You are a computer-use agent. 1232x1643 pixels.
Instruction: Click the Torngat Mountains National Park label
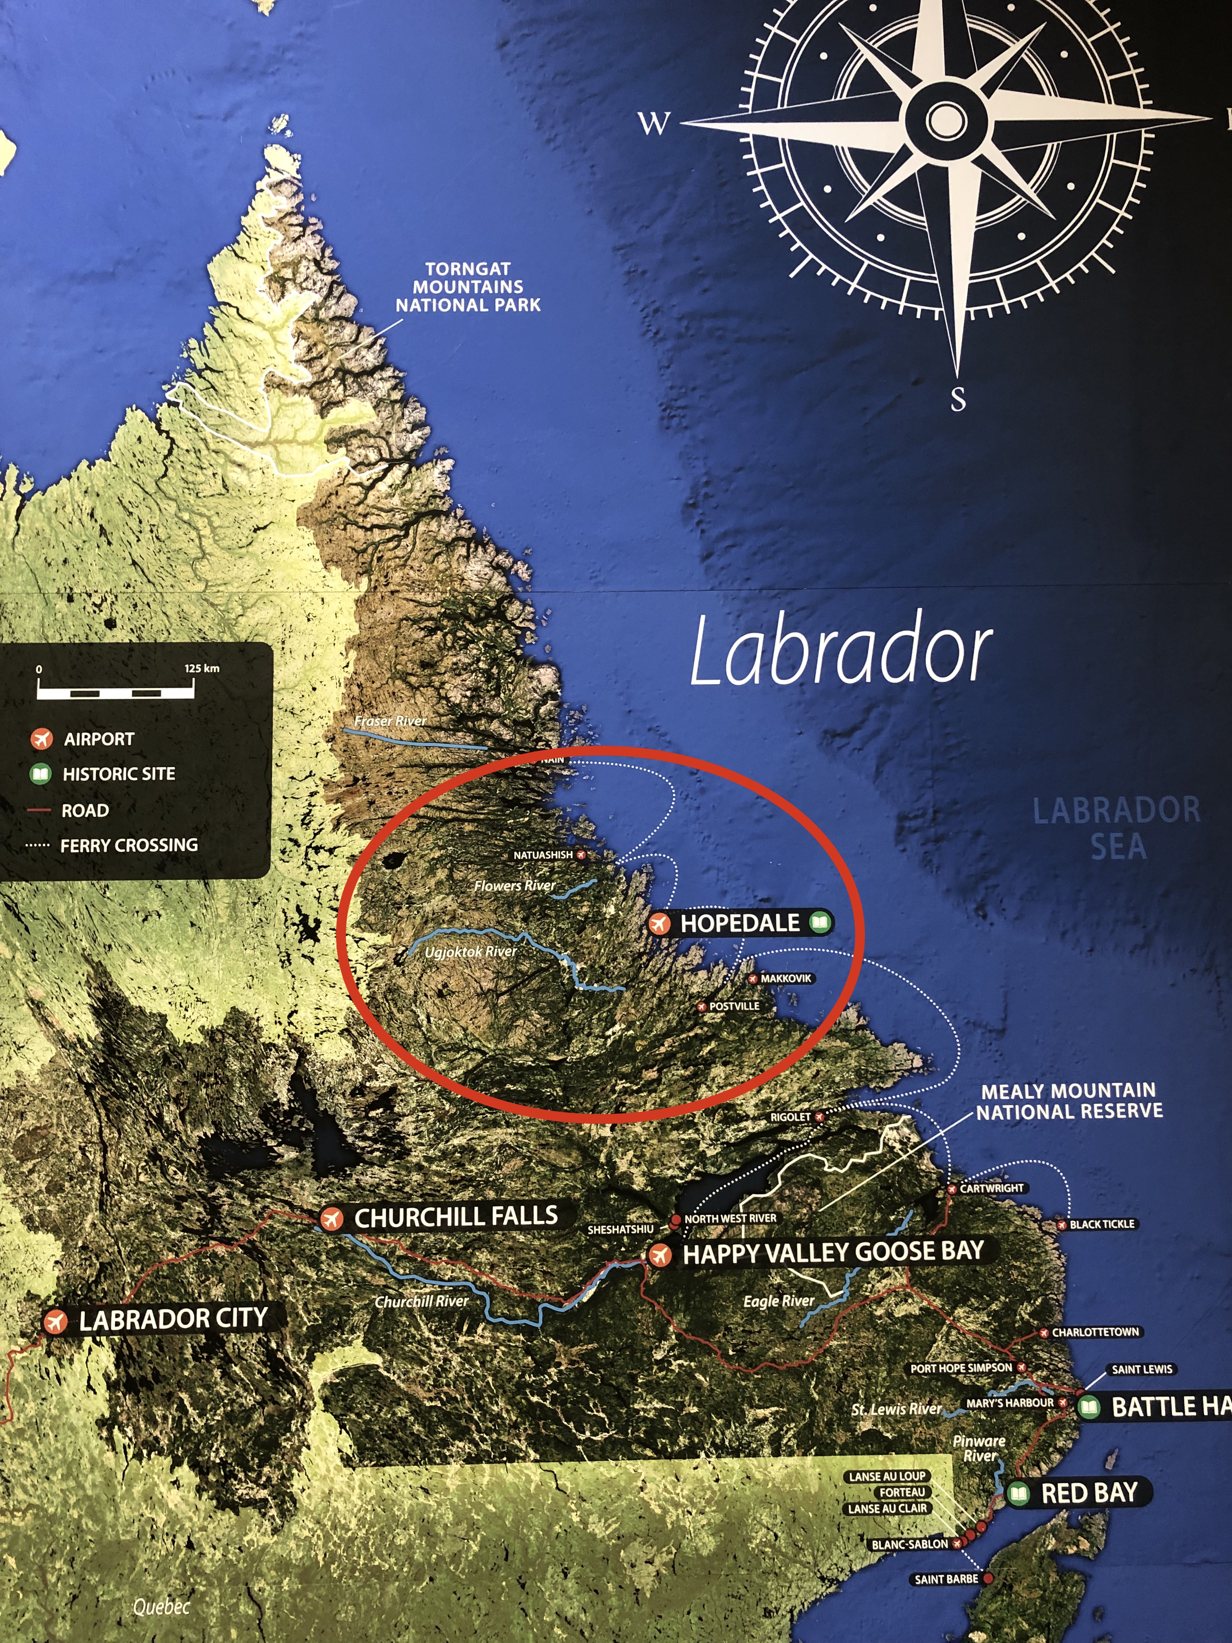point(468,287)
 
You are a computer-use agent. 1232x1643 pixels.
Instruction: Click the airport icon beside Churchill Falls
point(331,1219)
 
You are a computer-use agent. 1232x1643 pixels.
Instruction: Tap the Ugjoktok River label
point(470,951)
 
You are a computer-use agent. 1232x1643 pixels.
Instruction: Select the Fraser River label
point(390,720)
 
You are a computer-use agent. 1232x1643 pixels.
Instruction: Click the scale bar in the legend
point(116,692)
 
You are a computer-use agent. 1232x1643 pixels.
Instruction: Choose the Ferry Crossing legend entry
point(128,845)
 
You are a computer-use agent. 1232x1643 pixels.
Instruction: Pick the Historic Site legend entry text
point(119,774)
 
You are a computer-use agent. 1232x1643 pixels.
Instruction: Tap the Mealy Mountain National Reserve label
point(1069,1101)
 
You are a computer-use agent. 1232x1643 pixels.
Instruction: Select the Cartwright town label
point(991,1188)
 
